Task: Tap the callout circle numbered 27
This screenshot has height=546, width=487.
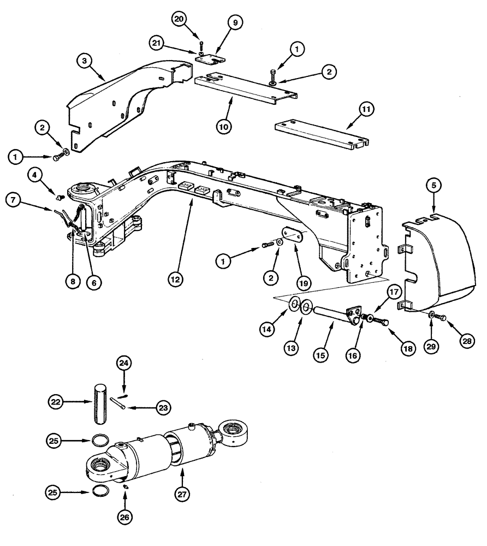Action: pos(181,493)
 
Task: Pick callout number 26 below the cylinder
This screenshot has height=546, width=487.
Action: pos(126,515)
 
